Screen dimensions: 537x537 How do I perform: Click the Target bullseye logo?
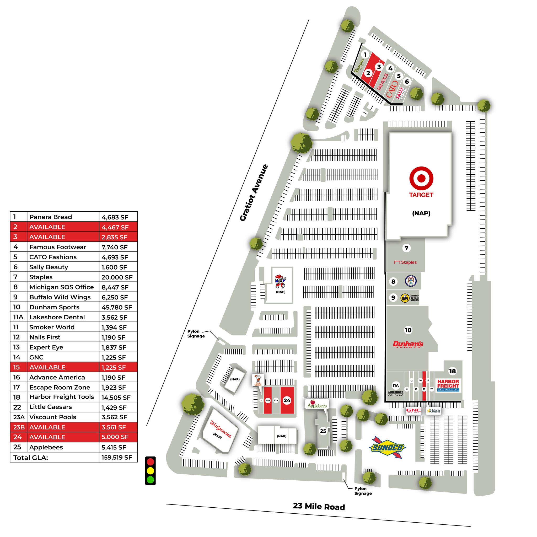tap(421, 178)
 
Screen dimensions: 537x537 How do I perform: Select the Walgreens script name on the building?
tap(221, 429)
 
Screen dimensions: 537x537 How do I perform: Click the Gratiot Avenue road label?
tap(254, 193)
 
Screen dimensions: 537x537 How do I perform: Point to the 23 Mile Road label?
tap(319, 506)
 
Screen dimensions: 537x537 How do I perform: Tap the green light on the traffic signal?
tap(150, 480)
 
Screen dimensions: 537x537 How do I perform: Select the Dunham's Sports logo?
tap(408, 344)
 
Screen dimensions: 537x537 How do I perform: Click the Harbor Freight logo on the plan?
tap(448, 385)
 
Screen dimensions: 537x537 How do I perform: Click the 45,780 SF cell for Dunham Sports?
tap(117, 307)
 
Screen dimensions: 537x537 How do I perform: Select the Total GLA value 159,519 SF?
tap(117, 458)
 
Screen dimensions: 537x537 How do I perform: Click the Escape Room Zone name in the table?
tap(60, 388)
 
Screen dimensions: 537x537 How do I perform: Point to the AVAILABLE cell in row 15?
tap(47, 367)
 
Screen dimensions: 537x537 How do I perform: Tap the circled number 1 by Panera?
tap(365, 55)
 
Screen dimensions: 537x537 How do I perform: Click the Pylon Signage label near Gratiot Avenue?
tap(196, 334)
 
